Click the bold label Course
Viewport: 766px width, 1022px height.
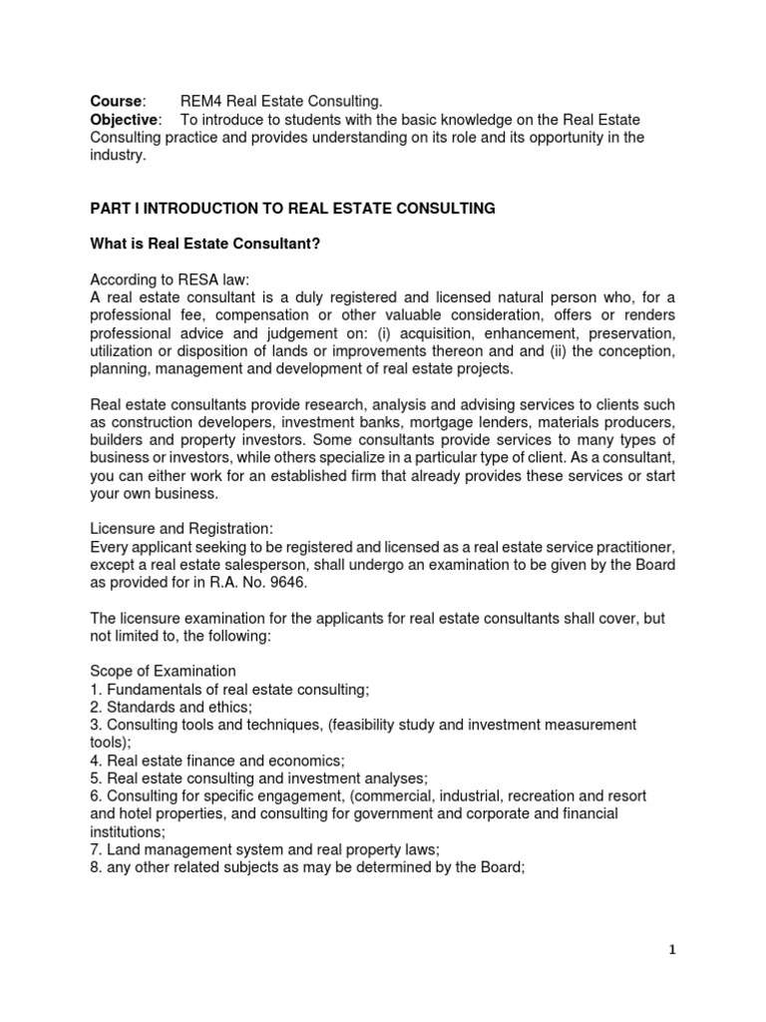(117, 101)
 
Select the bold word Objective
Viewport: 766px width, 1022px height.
(125, 120)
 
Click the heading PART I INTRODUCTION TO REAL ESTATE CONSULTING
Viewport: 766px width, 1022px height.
(292, 209)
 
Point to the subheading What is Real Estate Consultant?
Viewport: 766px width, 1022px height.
(204, 245)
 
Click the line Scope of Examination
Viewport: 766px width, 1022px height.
(163, 670)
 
